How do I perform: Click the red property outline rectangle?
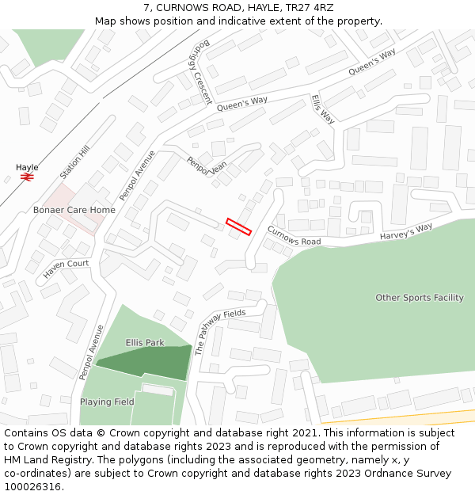pos(238,227)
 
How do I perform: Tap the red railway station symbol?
pos(27,177)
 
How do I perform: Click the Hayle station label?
pos(27,167)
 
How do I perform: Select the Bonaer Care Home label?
pos(74,210)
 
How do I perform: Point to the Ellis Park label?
pos(144,343)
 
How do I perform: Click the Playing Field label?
pos(107,402)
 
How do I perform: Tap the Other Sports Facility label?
pos(419,298)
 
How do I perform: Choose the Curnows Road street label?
pos(294,235)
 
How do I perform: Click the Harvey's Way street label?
pos(406,232)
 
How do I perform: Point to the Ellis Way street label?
pos(322,109)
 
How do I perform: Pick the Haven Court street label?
pos(66,269)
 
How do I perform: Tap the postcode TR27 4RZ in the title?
pos(312,7)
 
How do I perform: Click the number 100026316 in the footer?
pos(33,486)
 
